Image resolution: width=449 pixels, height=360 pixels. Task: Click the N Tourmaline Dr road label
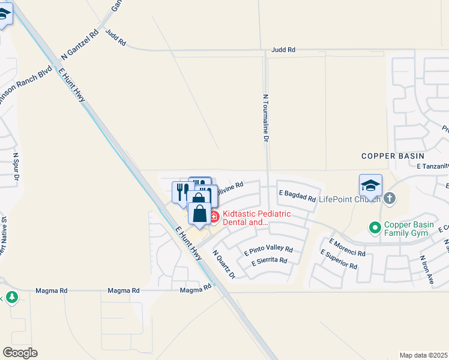[265, 117]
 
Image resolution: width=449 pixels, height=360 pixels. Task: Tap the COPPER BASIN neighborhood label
[393, 156]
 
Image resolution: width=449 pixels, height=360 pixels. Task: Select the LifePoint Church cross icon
[390, 198]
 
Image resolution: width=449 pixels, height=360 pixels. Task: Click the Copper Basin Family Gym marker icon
[375, 227]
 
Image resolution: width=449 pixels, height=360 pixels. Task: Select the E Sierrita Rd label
[270, 261]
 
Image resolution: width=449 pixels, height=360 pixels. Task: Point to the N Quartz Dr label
[224, 263]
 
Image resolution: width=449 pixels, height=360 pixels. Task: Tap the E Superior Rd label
[339, 260]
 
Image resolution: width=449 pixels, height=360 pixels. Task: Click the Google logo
[20, 352]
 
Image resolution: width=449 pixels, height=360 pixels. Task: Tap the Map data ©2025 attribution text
[423, 355]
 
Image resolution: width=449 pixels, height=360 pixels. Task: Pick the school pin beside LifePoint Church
[370, 185]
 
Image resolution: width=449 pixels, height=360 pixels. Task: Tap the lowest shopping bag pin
[199, 214]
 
